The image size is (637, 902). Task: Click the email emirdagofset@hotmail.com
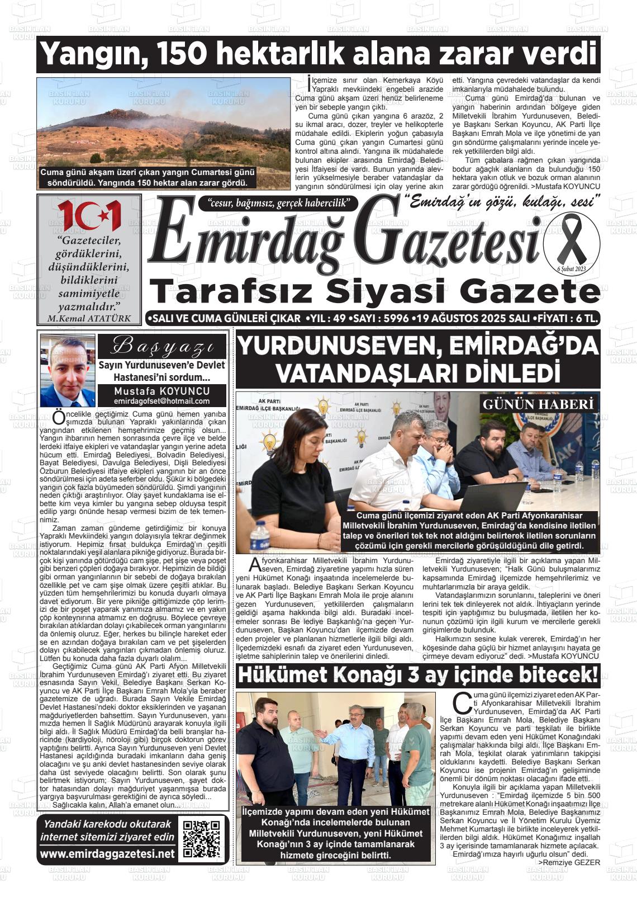161,401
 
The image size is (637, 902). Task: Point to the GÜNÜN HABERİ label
539,404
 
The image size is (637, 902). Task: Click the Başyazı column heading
161,347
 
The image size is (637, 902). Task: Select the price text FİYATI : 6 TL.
567,318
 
